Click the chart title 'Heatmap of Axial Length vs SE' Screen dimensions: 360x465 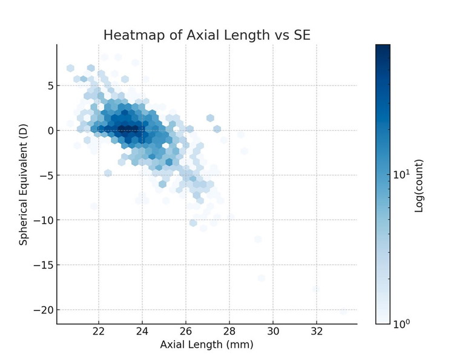pos(206,35)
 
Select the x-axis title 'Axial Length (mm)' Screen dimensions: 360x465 pos(206,345)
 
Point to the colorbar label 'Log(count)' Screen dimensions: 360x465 pos(419,185)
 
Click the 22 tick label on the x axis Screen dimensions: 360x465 pos(99,332)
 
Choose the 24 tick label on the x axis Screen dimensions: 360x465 pos(142,332)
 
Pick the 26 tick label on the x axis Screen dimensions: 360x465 pos(186,332)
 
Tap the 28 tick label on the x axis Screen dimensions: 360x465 pos(229,332)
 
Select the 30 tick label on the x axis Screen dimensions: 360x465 pos(273,332)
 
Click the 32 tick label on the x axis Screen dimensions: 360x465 pos(317,332)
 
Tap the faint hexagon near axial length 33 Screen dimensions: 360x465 pos(343,311)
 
